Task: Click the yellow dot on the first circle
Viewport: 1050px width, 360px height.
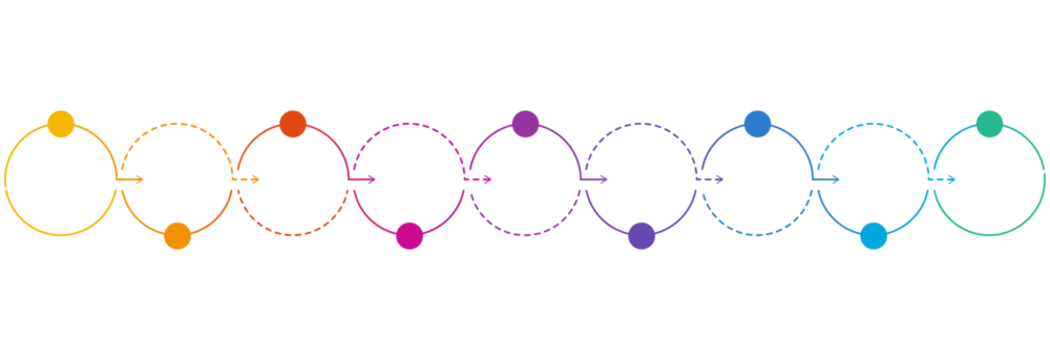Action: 61,124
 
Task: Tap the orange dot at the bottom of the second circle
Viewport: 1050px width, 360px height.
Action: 177,235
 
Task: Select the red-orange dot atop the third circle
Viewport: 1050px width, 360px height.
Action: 293,124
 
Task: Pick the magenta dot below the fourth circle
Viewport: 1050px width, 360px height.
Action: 409,235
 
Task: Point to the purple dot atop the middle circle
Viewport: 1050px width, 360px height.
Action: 525,124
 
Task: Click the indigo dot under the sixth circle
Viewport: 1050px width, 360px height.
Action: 641,235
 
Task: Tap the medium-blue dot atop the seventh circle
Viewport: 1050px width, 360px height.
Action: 757,124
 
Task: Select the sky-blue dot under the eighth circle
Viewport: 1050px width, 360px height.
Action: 873,235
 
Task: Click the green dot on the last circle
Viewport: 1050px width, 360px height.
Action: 989,124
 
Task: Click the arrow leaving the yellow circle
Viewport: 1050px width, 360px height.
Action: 132,180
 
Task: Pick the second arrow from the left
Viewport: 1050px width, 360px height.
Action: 248,180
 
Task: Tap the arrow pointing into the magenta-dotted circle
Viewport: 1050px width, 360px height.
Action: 364,180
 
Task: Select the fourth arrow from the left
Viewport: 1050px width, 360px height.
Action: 480,180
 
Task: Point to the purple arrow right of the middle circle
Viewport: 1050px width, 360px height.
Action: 596,180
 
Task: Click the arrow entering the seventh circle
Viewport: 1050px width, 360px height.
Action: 712,180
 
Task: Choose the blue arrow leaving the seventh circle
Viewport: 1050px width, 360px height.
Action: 828,180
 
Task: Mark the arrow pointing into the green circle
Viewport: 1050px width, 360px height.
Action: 944,180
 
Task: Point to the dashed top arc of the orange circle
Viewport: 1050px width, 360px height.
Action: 177,123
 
